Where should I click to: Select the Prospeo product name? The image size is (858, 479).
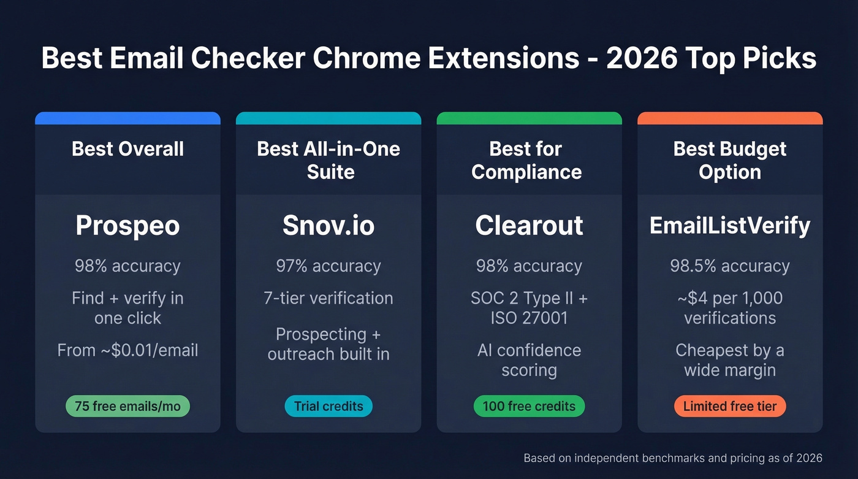pos(127,226)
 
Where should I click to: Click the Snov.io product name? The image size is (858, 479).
pos(328,226)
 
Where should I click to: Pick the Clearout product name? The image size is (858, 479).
pos(529,226)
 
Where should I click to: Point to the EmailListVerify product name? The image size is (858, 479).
pos(730,226)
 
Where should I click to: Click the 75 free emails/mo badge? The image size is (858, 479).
pos(127,406)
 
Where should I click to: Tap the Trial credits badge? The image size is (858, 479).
pos(328,406)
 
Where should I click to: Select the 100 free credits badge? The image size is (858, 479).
pos(529,406)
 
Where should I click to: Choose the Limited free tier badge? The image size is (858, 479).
pos(730,406)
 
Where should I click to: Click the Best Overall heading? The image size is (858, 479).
pos(127,149)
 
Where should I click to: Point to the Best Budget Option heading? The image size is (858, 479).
pos(730,160)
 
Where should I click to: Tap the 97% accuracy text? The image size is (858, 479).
pos(328,266)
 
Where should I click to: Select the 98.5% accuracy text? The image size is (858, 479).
pos(730,266)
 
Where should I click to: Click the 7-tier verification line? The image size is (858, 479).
pos(328,299)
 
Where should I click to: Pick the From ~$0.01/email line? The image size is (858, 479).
pos(127,350)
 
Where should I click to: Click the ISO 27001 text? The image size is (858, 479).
pos(529,318)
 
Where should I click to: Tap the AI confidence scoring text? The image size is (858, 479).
pos(529,360)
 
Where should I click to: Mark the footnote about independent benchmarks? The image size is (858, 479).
pos(673,458)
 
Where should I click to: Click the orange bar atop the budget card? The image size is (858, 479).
pos(730,118)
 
